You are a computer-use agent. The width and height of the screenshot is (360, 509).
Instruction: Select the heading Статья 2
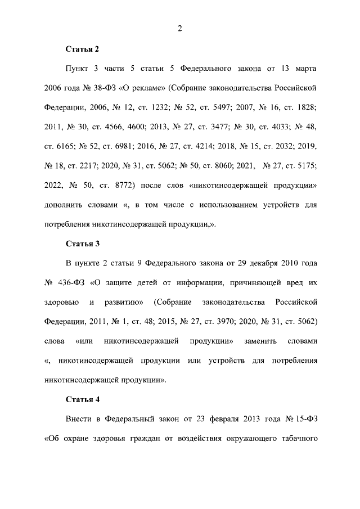tap(83, 49)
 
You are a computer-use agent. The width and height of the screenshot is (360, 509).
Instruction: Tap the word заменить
tap(264, 341)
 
